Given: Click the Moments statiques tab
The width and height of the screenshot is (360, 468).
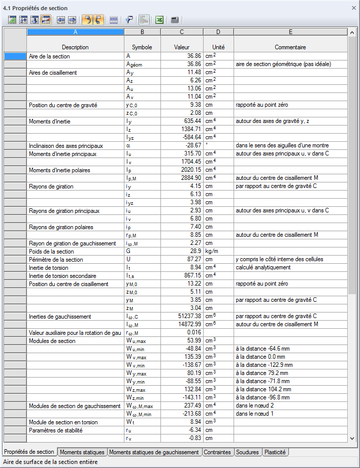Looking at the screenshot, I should pos(82,452).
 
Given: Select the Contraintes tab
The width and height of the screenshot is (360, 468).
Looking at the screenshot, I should pos(217,452).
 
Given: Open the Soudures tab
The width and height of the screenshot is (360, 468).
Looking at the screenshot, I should pos(247,452).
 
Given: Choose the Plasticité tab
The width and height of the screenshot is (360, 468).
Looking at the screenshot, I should pos(276,452).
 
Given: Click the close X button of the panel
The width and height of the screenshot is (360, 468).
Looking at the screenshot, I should pos(353,8).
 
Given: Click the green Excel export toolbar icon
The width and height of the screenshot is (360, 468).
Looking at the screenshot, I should pos(159,20).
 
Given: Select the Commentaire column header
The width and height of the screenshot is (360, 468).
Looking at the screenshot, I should pos(290,47).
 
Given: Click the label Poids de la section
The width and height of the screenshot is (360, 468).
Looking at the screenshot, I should pos(51,252).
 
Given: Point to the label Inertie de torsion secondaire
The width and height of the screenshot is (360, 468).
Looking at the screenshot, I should pos(62,276).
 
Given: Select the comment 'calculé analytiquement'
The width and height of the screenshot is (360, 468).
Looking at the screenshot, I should pos(263,267).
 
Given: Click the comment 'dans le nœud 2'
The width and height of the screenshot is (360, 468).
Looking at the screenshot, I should pos(255,405).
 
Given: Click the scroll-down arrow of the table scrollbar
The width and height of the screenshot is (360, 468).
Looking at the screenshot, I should pos(352,438).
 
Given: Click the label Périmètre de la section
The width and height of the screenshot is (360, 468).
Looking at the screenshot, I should pos(56,260).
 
